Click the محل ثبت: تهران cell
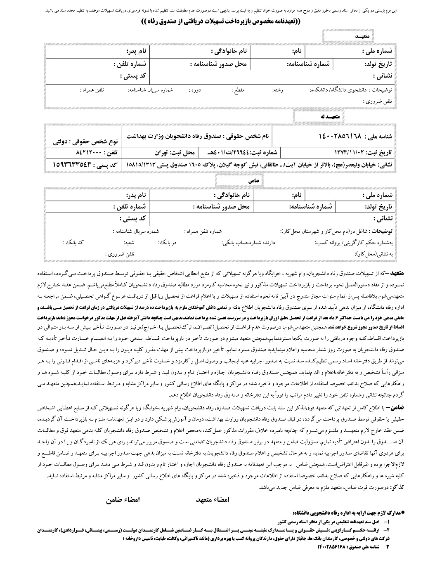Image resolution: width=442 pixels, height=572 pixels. (x=165, y=152)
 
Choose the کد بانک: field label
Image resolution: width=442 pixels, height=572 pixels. (x=75, y=243)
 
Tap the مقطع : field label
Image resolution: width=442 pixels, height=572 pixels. (x=238, y=90)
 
